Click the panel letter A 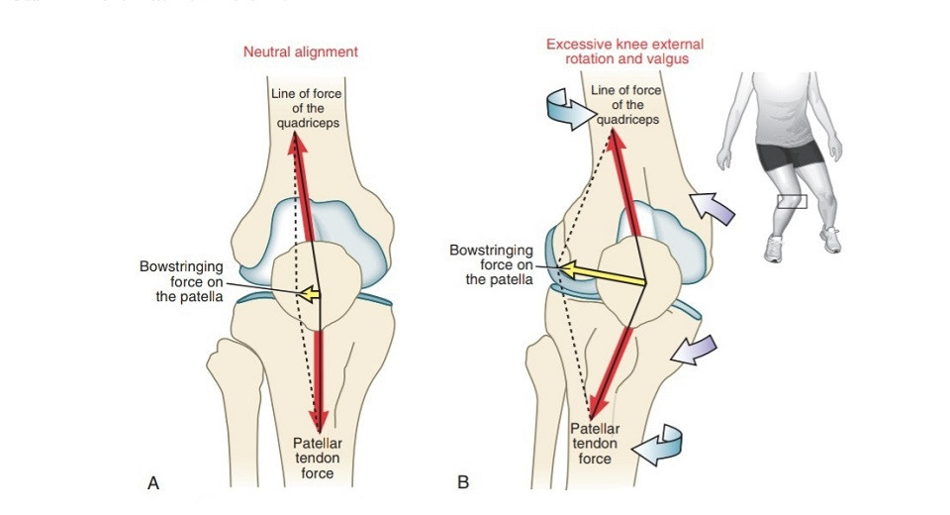[153, 483]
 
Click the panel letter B [463, 483]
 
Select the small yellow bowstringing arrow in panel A [310, 293]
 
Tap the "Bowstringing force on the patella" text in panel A [182, 280]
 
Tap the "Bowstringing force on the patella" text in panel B [491, 264]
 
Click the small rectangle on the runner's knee [792, 201]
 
